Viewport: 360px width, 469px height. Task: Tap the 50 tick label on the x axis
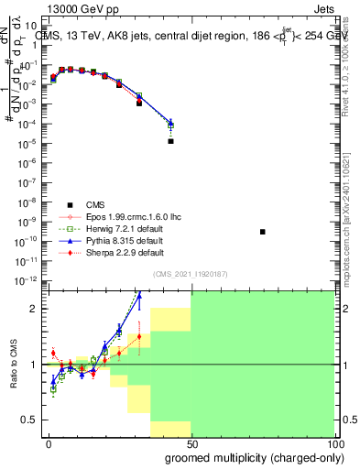pos(191,444)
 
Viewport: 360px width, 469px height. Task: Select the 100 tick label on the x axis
pos(337,444)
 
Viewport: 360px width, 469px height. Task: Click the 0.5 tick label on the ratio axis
pos(28,420)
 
